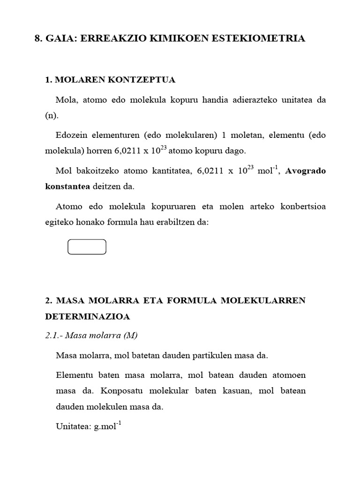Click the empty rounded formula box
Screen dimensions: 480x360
pyautogui.click(x=87, y=247)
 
